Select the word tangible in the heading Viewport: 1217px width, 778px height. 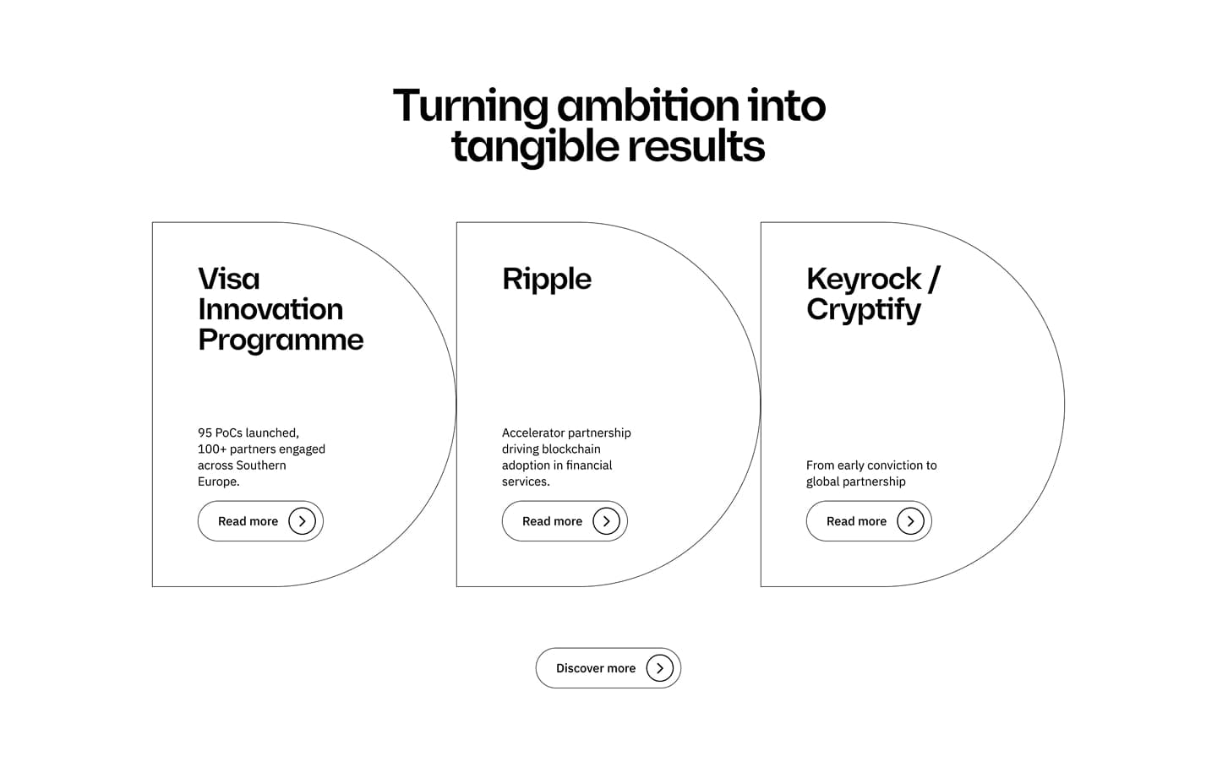[535, 147]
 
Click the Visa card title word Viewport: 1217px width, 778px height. [229, 279]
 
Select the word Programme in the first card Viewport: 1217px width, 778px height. [281, 341]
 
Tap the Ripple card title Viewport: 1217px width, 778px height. [547, 280]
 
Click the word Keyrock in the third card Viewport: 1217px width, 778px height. [864, 279]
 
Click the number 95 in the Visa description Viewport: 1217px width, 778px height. [205, 433]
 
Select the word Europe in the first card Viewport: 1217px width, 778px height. [218, 481]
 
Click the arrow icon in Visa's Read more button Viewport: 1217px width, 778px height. [302, 521]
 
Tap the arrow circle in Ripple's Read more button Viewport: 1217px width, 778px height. [606, 521]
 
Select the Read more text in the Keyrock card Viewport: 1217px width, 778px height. [856, 521]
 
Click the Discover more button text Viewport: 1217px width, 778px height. [596, 668]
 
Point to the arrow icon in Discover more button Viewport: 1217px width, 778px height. [659, 668]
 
